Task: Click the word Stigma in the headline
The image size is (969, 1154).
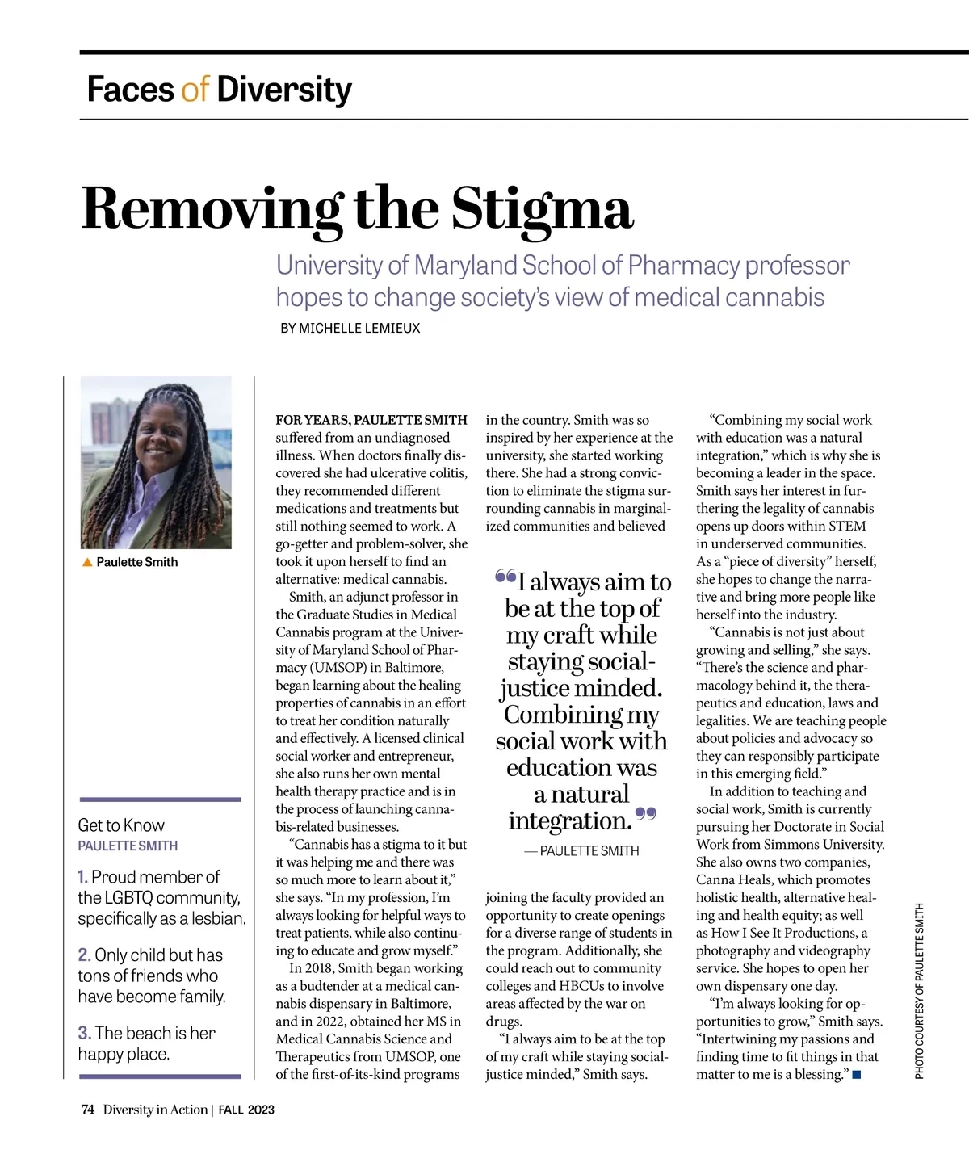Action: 542,208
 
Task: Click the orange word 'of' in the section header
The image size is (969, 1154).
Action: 195,89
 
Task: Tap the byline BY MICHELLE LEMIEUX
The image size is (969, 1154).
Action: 350,329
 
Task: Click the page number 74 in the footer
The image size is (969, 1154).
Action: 88,1110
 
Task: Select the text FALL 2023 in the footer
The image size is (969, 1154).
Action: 246,1110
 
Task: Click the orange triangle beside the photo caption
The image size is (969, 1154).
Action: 87,562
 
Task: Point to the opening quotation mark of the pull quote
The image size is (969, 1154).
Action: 505,577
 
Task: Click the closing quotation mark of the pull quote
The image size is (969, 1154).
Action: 646,813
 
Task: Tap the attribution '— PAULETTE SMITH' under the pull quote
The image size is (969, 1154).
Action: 581,851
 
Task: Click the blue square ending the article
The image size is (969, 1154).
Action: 857,1075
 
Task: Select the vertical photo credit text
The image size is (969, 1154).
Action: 919,990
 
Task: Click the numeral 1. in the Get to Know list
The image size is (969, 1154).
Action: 82,877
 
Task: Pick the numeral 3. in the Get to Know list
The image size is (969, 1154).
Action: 84,1033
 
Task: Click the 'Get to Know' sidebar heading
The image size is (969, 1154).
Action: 121,825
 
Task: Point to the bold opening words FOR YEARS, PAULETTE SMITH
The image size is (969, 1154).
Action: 371,420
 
